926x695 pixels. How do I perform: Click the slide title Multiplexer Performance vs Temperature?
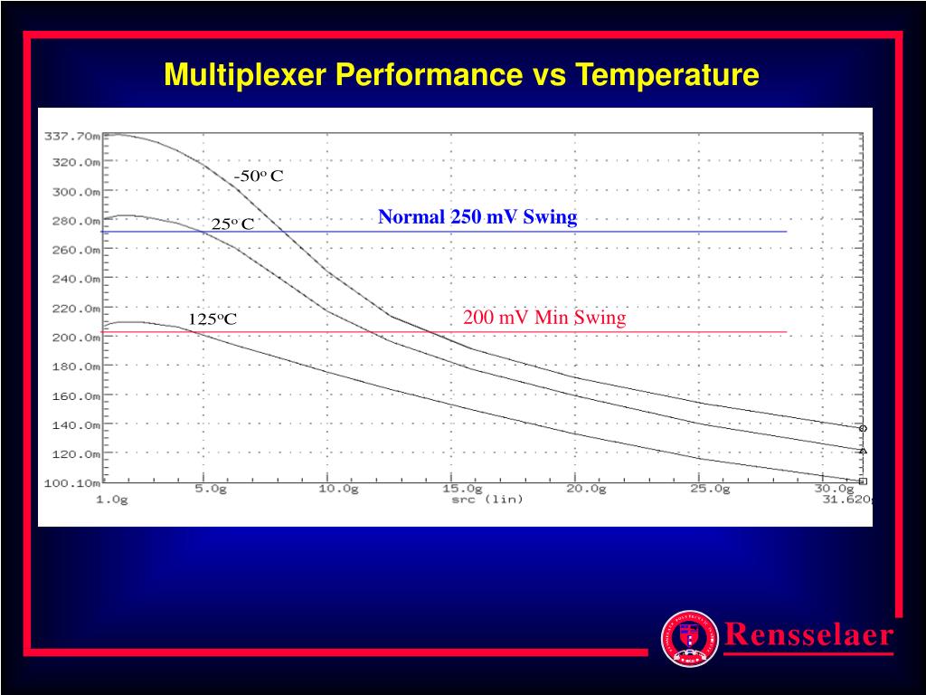461,74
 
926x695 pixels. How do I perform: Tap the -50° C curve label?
259,176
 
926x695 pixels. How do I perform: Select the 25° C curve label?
233,224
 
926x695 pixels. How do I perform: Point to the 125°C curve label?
213,319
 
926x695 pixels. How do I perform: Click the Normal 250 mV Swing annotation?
477,217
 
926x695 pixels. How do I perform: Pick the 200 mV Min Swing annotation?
544,318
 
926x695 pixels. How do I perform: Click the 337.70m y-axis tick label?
71,136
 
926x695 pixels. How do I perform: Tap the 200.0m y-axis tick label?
75,338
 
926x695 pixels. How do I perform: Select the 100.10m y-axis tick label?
71,482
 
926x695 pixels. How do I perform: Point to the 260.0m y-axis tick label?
75,251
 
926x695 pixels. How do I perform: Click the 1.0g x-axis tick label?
113,500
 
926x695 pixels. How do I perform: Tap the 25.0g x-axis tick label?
710,489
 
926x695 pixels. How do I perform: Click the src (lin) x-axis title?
487,500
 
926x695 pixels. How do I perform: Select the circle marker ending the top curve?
863,428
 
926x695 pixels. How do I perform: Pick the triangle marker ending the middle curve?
863,450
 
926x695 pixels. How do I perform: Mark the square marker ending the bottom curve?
863,481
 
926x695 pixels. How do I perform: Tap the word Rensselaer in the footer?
808,634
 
